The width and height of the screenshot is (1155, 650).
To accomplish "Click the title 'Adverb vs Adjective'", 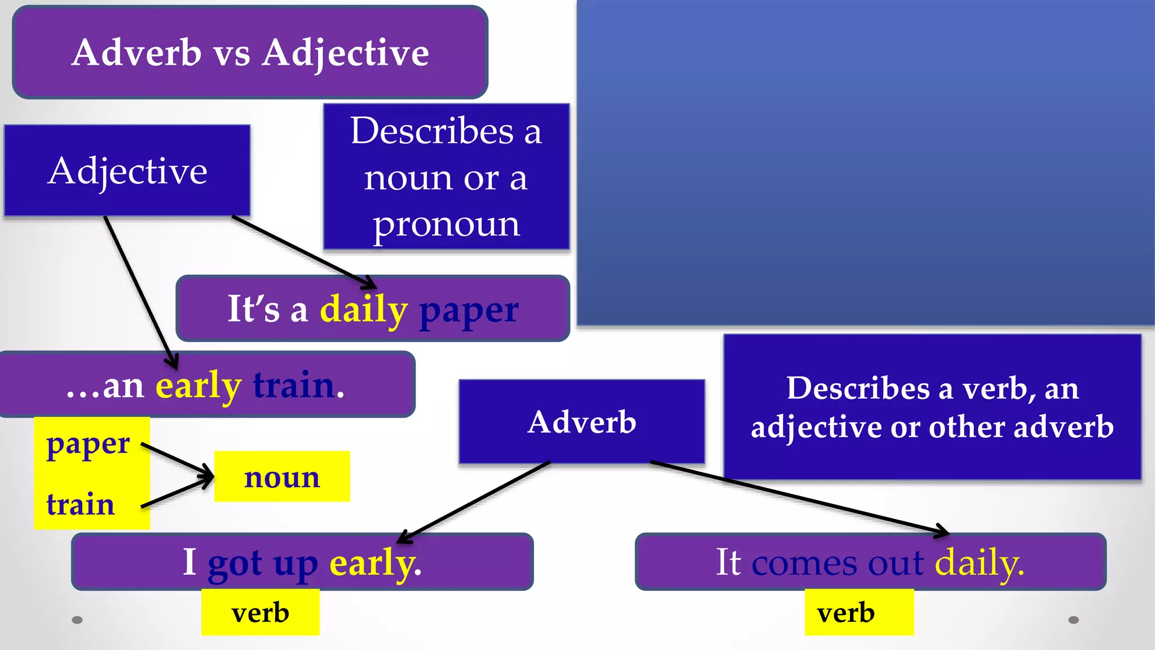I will pos(250,52).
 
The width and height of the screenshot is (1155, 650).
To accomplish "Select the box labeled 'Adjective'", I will pos(127,170).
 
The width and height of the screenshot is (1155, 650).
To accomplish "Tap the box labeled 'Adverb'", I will pos(581,421).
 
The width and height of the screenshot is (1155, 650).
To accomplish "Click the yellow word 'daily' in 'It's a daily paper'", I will pos(363,310).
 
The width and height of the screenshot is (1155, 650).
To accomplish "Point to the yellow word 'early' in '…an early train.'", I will pos(198,386).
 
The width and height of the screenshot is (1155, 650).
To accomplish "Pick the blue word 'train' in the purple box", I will pos(294,385).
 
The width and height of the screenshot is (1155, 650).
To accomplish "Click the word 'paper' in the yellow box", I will pos(88,445).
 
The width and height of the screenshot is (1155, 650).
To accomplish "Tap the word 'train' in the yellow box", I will pos(81,504).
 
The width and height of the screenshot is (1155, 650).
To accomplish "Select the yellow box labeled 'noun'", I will pos(282,477).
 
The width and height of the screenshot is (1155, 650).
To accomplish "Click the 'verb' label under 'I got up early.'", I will pos(260,612).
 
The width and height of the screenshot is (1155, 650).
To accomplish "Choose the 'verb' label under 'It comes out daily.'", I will pos(846,612).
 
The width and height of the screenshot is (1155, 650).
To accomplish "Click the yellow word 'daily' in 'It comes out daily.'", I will pos(979,563).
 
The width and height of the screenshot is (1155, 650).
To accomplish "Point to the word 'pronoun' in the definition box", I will pos(446,225).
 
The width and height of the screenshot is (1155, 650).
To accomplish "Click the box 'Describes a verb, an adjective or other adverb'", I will pos(932,407).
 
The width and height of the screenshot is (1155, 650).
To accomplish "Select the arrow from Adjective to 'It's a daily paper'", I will pos(305,252).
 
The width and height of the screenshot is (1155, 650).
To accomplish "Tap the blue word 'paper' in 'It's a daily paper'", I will pos(469,310).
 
